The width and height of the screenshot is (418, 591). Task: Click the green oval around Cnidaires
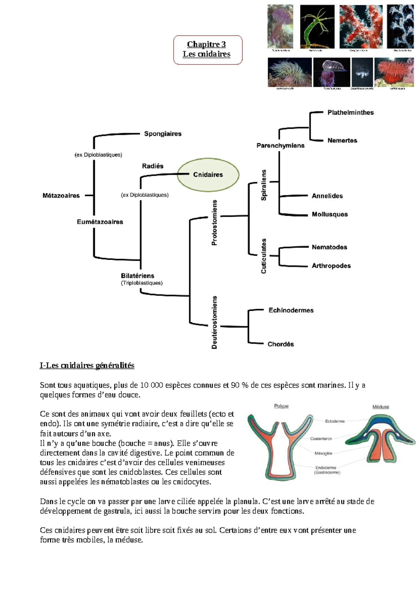(x=208, y=175)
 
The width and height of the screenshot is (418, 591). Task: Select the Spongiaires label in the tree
(x=163, y=134)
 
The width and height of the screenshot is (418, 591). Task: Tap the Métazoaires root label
(x=61, y=196)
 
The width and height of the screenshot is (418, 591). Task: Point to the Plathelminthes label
(x=350, y=113)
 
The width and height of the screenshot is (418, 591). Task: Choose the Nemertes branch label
(x=342, y=140)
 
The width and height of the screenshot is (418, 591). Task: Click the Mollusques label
(x=330, y=214)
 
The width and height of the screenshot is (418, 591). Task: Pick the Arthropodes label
(x=331, y=266)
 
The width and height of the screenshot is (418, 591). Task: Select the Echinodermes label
(x=291, y=310)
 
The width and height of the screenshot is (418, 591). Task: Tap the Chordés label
(x=280, y=344)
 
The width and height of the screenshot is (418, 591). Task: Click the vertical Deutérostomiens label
(x=215, y=322)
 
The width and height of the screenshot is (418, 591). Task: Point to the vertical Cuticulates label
(x=264, y=256)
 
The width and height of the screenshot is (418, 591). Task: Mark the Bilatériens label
(x=138, y=276)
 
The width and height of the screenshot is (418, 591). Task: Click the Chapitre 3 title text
(x=206, y=44)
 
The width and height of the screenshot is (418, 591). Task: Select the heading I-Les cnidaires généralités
(x=87, y=366)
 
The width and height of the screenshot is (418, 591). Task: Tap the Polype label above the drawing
(x=281, y=406)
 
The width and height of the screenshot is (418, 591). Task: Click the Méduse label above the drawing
(x=380, y=407)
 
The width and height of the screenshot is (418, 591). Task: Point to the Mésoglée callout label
(x=323, y=453)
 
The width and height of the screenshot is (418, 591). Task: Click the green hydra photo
(x=317, y=27)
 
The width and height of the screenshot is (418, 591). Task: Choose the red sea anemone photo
(x=394, y=72)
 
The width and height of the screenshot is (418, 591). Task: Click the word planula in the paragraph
(x=246, y=501)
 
